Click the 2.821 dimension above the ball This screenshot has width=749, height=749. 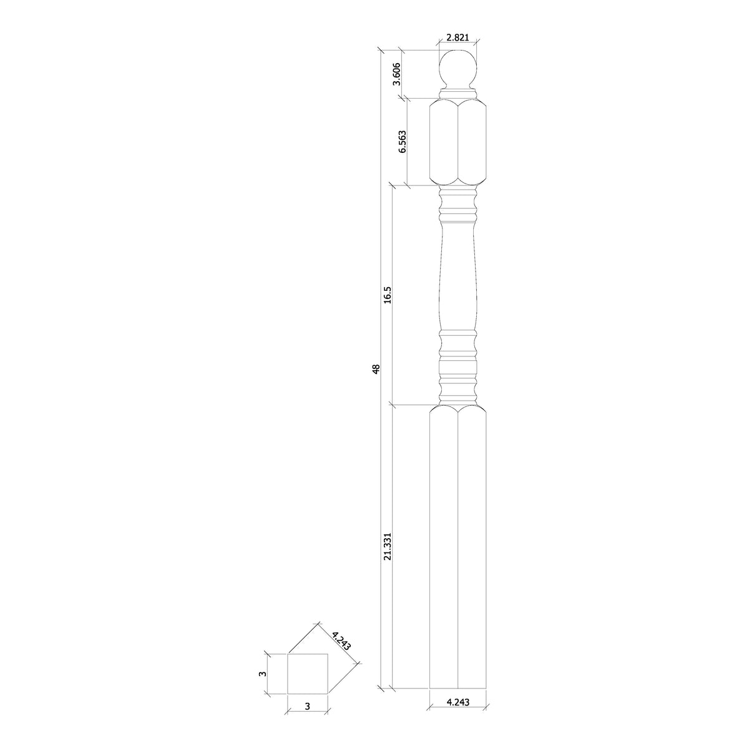point(458,37)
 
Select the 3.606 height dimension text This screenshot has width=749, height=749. point(396,74)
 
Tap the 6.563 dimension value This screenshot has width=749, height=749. point(402,142)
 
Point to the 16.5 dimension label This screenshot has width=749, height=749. point(387,295)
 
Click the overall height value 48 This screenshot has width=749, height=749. point(375,370)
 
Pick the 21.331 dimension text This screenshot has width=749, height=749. point(387,546)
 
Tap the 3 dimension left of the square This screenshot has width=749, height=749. point(263,673)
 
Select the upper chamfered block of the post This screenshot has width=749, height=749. point(458,142)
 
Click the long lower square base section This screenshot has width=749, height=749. point(458,556)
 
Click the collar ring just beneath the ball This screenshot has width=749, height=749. point(458,94)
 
